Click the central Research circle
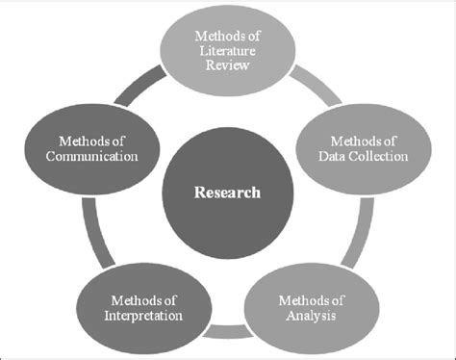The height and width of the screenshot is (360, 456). pos(227,192)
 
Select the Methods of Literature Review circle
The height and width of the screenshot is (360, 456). pos(227,51)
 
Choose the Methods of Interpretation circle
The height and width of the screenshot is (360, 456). pos(146,299)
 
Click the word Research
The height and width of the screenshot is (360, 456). pos(227,192)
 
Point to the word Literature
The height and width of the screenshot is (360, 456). pos(227,52)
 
